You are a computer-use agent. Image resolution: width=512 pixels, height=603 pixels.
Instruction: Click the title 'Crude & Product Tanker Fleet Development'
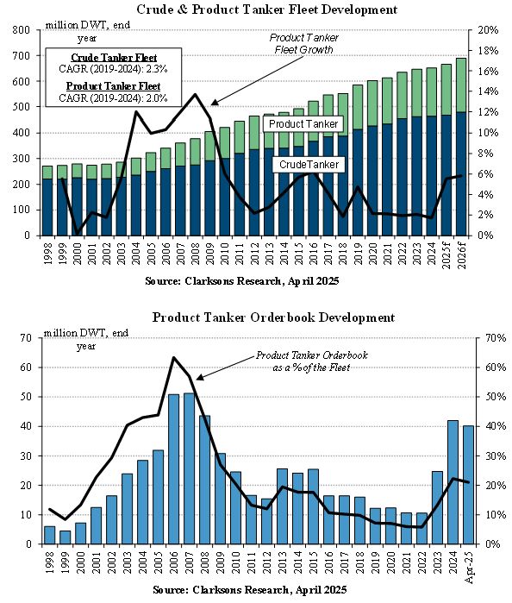(x=266, y=9)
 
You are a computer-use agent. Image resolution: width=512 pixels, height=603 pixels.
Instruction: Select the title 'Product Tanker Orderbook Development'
(x=273, y=317)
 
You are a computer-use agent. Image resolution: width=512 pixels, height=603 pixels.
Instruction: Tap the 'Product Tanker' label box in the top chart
(x=303, y=124)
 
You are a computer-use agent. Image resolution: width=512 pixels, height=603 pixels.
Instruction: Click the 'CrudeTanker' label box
(x=309, y=165)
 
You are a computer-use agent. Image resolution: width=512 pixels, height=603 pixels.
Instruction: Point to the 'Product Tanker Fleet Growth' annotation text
(x=303, y=43)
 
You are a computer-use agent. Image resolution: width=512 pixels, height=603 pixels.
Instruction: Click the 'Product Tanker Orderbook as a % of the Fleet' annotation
(x=312, y=361)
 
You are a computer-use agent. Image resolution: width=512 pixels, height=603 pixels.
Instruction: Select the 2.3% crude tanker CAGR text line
(x=114, y=69)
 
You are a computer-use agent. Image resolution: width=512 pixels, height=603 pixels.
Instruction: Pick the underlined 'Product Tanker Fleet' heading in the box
(x=114, y=86)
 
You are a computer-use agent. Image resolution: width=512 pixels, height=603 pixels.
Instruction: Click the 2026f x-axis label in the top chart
(x=461, y=254)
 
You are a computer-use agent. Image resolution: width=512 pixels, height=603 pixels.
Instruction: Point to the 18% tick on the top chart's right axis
(x=488, y=51)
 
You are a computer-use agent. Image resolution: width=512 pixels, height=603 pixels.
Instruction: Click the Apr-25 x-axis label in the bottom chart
(x=469, y=563)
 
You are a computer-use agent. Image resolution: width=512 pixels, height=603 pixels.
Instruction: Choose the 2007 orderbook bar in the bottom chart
(x=189, y=468)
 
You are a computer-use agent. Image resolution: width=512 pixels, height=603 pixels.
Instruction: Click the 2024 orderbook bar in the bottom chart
(x=453, y=482)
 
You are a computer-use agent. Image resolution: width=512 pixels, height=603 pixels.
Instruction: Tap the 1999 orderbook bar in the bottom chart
(x=66, y=537)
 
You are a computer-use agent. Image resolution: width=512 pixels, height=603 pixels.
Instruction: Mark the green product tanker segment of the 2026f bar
(x=461, y=85)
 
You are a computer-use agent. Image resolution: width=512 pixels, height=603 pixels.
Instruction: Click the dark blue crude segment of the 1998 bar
(x=47, y=207)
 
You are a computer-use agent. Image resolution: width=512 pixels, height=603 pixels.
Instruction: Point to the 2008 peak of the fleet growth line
(x=195, y=94)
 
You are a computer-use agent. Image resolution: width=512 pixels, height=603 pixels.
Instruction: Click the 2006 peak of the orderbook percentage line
(x=174, y=358)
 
